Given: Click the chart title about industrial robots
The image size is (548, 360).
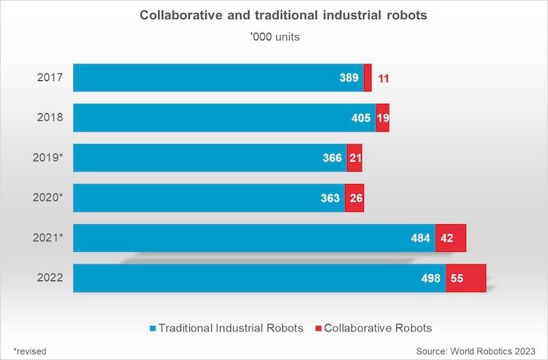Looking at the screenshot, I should (x=274, y=16).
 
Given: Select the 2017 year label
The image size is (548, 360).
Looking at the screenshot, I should (x=50, y=77).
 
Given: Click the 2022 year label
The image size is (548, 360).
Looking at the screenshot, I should (x=50, y=277).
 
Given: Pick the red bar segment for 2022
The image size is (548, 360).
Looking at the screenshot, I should (x=465, y=278).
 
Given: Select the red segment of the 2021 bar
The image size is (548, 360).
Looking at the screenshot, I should (x=450, y=238).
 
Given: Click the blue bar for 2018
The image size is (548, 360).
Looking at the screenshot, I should (x=219, y=118).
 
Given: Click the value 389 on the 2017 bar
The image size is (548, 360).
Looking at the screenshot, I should (x=349, y=77).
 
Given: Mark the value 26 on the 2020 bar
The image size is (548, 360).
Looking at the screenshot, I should (x=354, y=198).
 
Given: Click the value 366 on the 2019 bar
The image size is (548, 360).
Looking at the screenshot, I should (x=333, y=158).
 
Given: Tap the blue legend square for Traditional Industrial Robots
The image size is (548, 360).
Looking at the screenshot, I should (x=152, y=329).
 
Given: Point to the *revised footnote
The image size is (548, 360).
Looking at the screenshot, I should (x=30, y=351).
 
